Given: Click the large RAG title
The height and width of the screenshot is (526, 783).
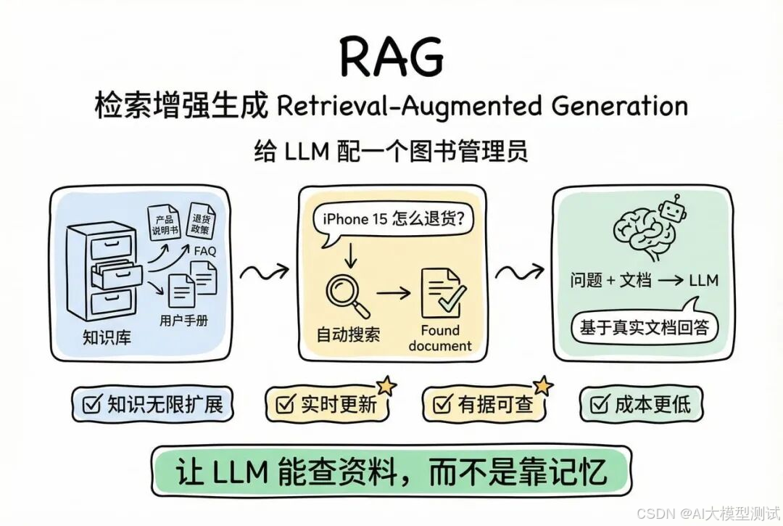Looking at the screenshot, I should [392, 56].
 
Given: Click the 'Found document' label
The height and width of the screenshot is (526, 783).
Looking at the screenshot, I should [440, 338].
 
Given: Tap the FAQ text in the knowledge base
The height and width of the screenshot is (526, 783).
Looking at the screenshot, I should [204, 252].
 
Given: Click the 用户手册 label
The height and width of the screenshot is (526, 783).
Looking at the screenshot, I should [183, 320].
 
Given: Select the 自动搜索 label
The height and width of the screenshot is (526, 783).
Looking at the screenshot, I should [348, 335].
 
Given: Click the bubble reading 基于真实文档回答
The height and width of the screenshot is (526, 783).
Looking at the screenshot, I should [644, 327].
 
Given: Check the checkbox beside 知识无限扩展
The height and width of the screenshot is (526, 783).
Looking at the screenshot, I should [92, 405].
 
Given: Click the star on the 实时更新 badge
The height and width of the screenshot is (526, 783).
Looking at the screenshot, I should [385, 386].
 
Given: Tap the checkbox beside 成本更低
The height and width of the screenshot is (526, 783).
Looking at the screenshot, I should [600, 405].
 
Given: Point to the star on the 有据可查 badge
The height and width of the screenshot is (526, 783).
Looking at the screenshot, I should [542, 386].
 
